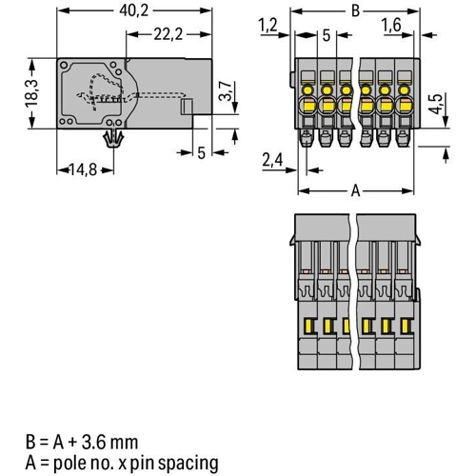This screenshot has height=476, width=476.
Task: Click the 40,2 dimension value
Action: (x=133, y=11)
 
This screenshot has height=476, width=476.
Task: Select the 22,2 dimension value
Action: (x=169, y=34)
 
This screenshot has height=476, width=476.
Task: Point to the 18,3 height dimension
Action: (x=32, y=93)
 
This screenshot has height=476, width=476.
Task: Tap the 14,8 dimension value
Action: (x=83, y=170)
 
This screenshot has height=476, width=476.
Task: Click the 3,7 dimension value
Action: (x=226, y=91)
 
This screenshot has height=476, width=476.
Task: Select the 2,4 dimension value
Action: (x=272, y=160)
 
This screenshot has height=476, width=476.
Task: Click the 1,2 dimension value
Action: (x=268, y=25)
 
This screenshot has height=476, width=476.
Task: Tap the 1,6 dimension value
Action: (x=391, y=25)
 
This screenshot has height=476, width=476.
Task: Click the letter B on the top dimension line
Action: (x=356, y=11)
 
